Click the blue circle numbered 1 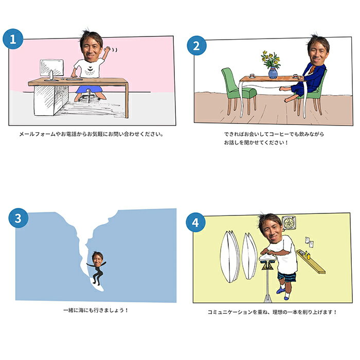(x=13, y=39)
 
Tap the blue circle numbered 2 (x=196, y=45)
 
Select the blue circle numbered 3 (x=19, y=218)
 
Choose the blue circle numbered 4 (x=195, y=223)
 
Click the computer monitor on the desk (x=51, y=69)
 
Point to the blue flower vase (x=273, y=73)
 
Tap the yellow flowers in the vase (x=271, y=59)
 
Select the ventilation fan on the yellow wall (x=289, y=223)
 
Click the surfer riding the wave (x=97, y=268)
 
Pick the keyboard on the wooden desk (x=74, y=79)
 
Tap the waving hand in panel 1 (x=107, y=49)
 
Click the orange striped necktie (x=312, y=69)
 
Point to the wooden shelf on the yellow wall (x=311, y=261)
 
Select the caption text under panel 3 (x=96, y=310)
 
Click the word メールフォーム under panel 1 (x=37, y=134)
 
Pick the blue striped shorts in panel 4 (x=287, y=277)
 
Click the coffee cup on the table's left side (x=252, y=76)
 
